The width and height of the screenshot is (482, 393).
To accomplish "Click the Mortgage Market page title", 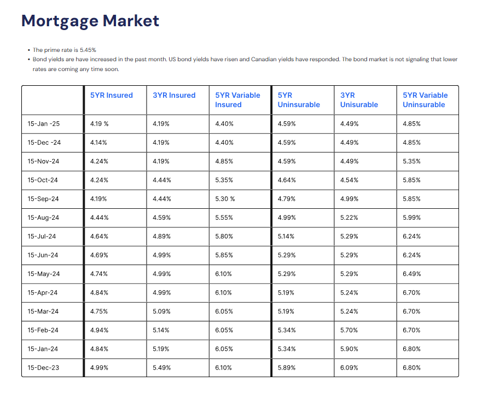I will click(x=90, y=21).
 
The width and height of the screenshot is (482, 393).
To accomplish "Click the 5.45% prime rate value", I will click(x=88, y=50).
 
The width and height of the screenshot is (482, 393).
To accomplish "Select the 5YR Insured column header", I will click(x=112, y=95).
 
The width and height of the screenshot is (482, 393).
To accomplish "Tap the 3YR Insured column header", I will click(x=174, y=95).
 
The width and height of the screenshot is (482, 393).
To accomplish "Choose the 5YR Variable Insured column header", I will click(x=237, y=99).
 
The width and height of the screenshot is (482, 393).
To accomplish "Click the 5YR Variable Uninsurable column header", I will click(x=425, y=99).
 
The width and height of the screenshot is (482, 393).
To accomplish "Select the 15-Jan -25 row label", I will click(x=44, y=124).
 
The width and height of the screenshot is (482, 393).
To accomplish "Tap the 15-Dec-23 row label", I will click(x=43, y=368).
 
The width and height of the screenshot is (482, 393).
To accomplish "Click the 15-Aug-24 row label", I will click(x=43, y=218).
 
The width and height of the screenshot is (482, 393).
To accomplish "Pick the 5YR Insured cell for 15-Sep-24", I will click(x=98, y=199).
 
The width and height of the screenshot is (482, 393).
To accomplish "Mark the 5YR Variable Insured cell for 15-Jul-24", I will click(x=224, y=237).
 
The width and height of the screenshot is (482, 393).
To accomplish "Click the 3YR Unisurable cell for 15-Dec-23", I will click(x=350, y=368).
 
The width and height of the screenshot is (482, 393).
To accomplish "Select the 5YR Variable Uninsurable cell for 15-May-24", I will click(x=411, y=274).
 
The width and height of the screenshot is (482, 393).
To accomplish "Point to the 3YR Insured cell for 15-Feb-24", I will click(x=161, y=330).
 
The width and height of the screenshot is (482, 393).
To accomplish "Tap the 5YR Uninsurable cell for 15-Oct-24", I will click(x=287, y=180).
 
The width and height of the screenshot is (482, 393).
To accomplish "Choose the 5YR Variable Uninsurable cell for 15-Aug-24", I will click(x=411, y=218).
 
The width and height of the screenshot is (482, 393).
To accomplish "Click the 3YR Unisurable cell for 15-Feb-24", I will click(x=350, y=330).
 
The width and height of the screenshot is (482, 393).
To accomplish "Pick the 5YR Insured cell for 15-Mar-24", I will click(x=98, y=312).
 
